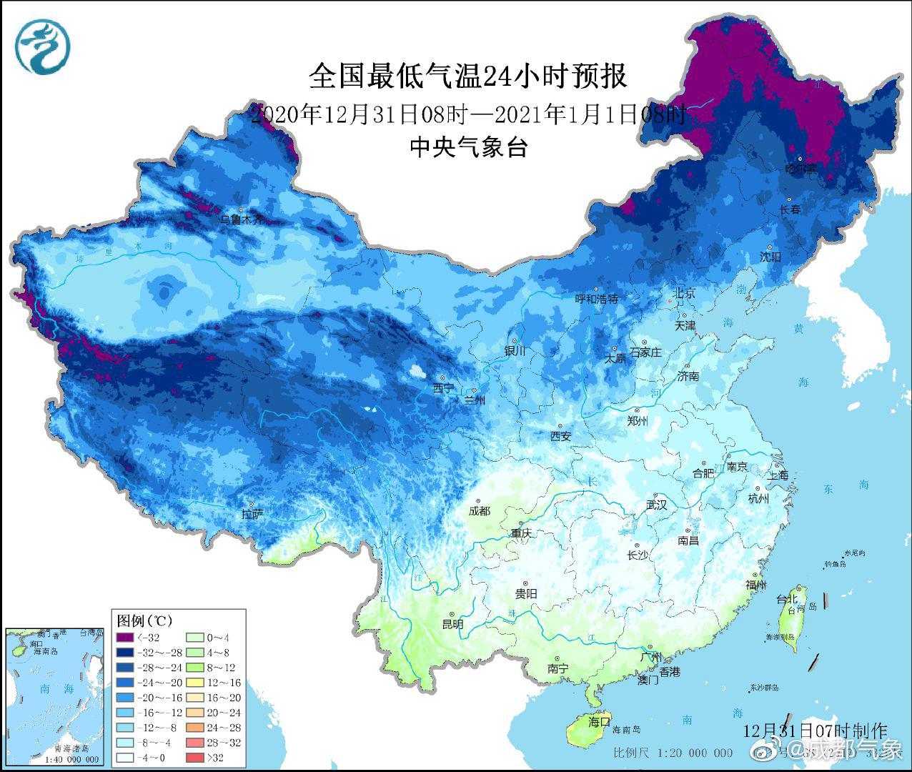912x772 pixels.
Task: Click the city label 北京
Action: (683, 294)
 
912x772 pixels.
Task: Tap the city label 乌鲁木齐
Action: (241, 219)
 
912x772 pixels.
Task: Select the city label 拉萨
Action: (253, 513)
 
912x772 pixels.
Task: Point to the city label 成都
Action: (480, 510)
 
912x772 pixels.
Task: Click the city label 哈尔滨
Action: (801, 169)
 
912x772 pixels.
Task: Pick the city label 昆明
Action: (452, 624)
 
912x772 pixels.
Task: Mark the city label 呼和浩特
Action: (597, 299)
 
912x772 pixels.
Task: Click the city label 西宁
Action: (443, 388)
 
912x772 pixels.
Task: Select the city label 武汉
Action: (656, 505)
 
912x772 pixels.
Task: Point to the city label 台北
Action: (786, 598)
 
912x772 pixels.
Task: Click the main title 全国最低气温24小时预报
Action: (468, 76)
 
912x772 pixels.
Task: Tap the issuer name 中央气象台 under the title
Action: (468, 147)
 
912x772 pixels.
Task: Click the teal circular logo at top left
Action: (42, 47)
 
